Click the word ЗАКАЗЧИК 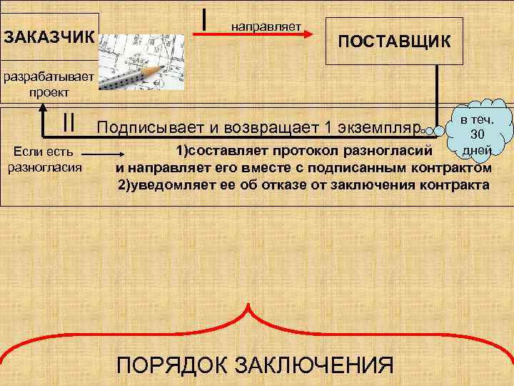pyautogui.click(x=49, y=35)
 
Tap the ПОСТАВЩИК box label pyautogui.click(x=394, y=41)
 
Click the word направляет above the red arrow pyautogui.click(x=266, y=26)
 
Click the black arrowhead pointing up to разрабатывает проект pyautogui.click(x=45, y=107)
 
